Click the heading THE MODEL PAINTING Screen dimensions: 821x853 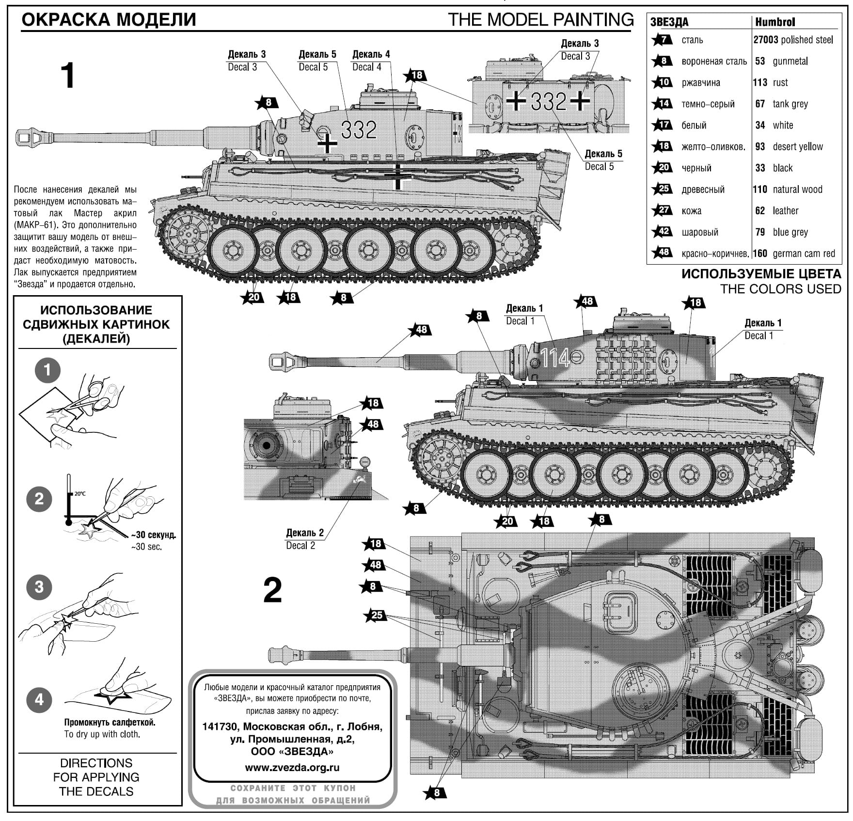(540, 20)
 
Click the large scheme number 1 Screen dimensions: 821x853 (68, 76)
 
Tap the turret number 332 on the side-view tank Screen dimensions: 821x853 (359, 129)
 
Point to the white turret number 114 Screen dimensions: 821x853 (555, 358)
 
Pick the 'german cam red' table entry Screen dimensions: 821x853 (804, 253)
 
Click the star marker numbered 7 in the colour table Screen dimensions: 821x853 (662, 40)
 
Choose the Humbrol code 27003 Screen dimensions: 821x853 (765, 40)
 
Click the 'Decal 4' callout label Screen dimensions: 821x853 (367, 67)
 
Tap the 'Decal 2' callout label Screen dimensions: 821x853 (300, 546)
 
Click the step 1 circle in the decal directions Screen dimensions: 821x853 (47, 371)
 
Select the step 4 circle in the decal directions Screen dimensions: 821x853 (39, 699)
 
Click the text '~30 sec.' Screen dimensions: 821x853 (146, 547)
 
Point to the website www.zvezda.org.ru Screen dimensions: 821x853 (292, 768)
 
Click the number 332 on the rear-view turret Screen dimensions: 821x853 (548, 101)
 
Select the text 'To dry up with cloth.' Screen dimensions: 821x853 (102, 734)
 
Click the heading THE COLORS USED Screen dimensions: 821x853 (780, 289)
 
